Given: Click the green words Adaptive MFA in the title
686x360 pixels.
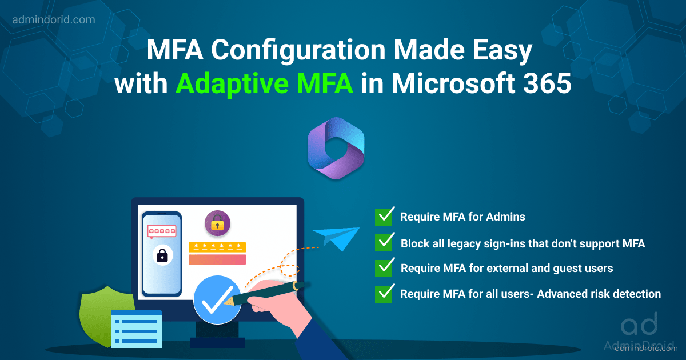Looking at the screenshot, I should point(264,85).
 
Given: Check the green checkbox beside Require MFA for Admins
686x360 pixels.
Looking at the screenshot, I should point(384,217).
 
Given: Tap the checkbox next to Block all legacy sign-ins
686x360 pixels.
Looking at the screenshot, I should point(384,242).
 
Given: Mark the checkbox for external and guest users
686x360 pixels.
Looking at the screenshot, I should point(384,267).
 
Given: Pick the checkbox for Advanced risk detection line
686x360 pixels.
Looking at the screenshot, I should point(384,294).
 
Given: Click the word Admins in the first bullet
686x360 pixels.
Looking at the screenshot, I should point(507,217).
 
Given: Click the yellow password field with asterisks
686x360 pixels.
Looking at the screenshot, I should point(217,247).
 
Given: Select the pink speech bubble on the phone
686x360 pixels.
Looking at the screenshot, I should point(161,231).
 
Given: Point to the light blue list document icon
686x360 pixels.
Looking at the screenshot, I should point(136,329).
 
